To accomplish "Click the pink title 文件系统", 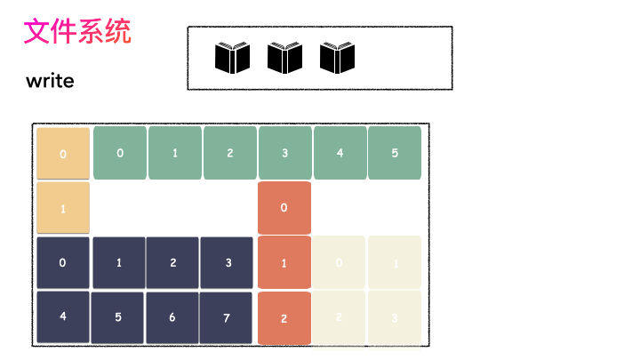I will click(x=77, y=32).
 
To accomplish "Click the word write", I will click(x=50, y=82).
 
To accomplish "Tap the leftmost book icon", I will click(x=233, y=59).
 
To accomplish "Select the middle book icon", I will click(x=285, y=59).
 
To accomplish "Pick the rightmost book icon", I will click(x=338, y=59).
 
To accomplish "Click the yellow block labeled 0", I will click(x=63, y=154).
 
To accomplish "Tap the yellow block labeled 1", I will click(x=63, y=208).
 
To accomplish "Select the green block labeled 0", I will click(x=119, y=153).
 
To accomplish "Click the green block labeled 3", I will click(x=284, y=153).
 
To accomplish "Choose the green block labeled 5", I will click(x=394, y=153).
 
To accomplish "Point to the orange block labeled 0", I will click(x=284, y=208).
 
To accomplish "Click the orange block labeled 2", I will click(x=284, y=317).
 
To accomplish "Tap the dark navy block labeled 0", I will click(x=63, y=262).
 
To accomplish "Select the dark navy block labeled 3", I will click(x=228, y=262).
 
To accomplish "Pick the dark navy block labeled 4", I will click(x=63, y=316).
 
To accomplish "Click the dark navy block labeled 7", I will click(x=228, y=317).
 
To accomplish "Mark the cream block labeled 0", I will click(x=339, y=262).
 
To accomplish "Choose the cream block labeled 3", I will click(x=394, y=317).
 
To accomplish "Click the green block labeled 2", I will click(x=229, y=153).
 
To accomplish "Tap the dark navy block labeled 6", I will click(x=172, y=317).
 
